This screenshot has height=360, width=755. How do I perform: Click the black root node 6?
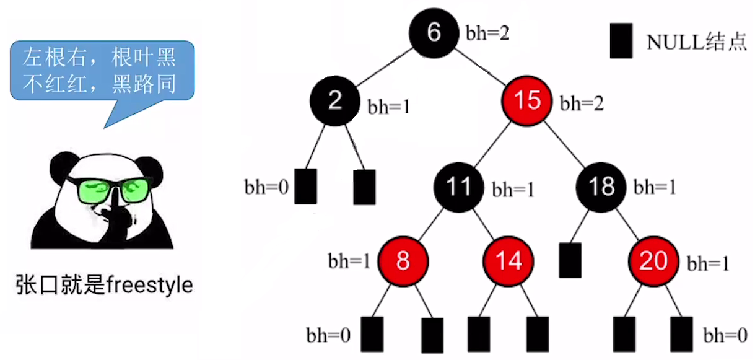point(434,32)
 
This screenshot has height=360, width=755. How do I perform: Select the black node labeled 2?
point(335,100)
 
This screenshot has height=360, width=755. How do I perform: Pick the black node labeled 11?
point(459,186)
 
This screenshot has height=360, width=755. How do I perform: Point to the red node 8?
point(403,261)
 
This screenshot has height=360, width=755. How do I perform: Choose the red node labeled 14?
point(510,261)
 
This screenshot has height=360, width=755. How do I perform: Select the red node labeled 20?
point(653,261)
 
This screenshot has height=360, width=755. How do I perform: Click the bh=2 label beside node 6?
point(487,33)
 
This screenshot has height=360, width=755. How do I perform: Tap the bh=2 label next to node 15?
point(582,103)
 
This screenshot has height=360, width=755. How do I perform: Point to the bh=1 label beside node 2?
point(389,107)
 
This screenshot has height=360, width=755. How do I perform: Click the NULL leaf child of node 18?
point(570,260)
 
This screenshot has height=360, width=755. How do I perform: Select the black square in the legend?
point(621,41)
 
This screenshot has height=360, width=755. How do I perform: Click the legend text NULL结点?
point(697,42)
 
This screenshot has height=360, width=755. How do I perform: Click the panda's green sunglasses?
point(110,189)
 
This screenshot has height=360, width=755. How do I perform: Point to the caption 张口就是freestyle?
point(104,286)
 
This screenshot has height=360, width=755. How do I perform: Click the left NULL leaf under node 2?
point(305,186)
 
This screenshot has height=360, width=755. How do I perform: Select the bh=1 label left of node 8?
point(349,261)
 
